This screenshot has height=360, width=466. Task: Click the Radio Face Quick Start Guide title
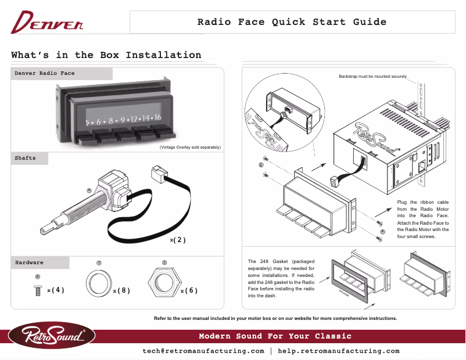pyautogui.click(x=292, y=23)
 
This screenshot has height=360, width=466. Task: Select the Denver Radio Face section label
pyautogui.click(x=45, y=74)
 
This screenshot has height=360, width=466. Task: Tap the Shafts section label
pyautogui.click(x=25, y=158)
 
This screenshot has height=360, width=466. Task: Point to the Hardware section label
pyautogui.click(x=29, y=262)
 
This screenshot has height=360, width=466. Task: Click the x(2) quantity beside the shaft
pyautogui.click(x=178, y=240)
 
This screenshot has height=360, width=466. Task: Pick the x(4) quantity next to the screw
pyautogui.click(x=56, y=290)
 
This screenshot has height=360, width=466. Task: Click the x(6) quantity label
pyautogui.click(x=189, y=290)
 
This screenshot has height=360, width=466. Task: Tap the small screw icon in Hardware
pyautogui.click(x=38, y=290)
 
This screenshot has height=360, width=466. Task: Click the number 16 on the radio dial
pyautogui.click(x=157, y=118)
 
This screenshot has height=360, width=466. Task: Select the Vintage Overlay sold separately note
pyautogui.click(x=189, y=147)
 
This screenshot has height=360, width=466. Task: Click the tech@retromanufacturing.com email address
pyautogui.click(x=203, y=351)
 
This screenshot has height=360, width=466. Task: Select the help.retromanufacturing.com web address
pyautogui.click(x=339, y=351)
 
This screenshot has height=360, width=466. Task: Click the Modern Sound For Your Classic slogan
pyautogui.click(x=275, y=336)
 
